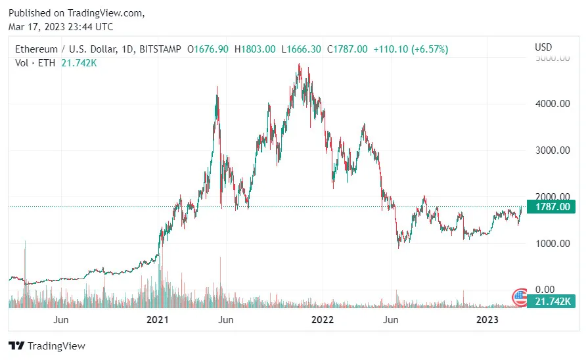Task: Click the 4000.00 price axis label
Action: (x=552, y=104)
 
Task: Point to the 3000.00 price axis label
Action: (x=552, y=150)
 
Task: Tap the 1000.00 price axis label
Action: (x=552, y=244)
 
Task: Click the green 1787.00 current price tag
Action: (x=553, y=208)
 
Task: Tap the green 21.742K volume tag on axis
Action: (x=553, y=301)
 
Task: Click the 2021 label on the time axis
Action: (x=158, y=320)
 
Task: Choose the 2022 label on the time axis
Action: (x=323, y=320)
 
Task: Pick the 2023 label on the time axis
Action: (x=487, y=320)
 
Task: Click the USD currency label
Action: (x=543, y=47)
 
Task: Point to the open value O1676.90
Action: (x=208, y=49)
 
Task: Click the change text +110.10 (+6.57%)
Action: (x=411, y=49)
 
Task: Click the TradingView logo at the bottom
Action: (x=47, y=346)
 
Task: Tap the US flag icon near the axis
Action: (x=520, y=296)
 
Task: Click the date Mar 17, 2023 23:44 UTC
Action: (x=60, y=27)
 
